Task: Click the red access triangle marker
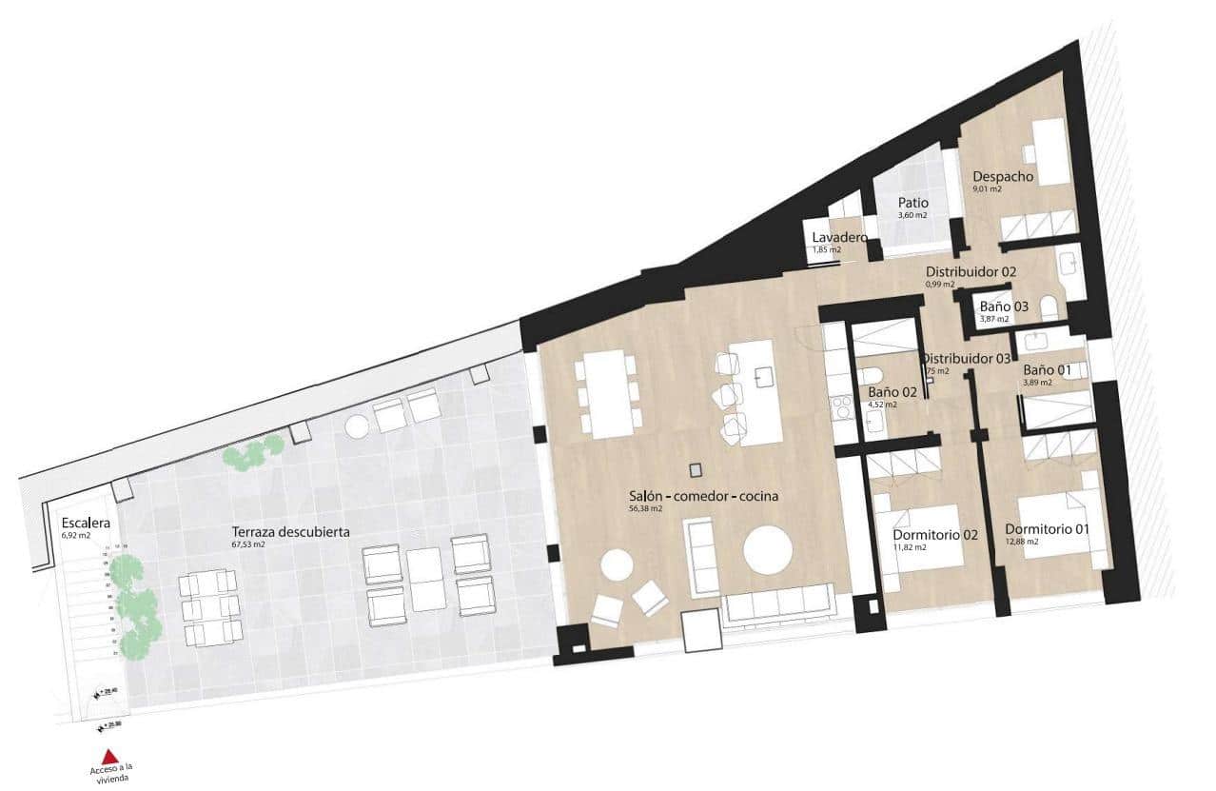pyautogui.click(x=109, y=756)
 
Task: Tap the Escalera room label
pyautogui.click(x=87, y=524)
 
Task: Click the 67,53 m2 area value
pyautogui.click(x=250, y=545)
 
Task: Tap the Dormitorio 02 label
pyautogui.click(x=935, y=535)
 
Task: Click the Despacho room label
pyautogui.click(x=1002, y=176)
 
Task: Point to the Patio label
pyautogui.click(x=913, y=203)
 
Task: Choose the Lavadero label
pyautogui.click(x=838, y=237)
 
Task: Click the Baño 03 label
pyautogui.click(x=1004, y=307)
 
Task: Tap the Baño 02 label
pyautogui.click(x=892, y=391)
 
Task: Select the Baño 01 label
pyautogui.click(x=1048, y=369)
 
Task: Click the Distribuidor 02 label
pyautogui.click(x=971, y=271)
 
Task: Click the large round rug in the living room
pyautogui.click(x=768, y=549)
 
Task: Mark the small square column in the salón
pyautogui.click(x=696, y=469)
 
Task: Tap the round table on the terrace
pyautogui.click(x=356, y=427)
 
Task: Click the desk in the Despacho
pyautogui.click(x=1053, y=152)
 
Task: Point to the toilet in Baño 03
pyautogui.click(x=1049, y=307)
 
